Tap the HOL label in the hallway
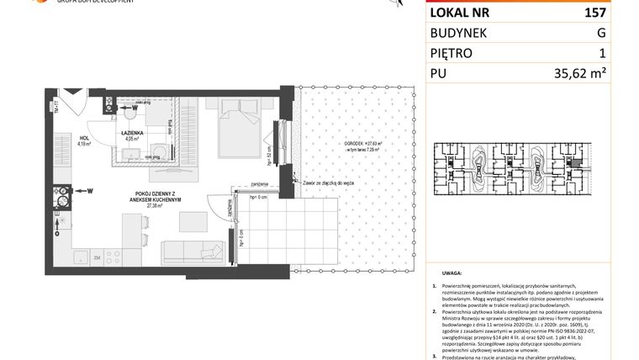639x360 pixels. [84, 138]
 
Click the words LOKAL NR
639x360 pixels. [461, 13]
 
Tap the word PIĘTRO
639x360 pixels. [452, 53]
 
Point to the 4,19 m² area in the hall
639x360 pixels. [84, 144]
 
